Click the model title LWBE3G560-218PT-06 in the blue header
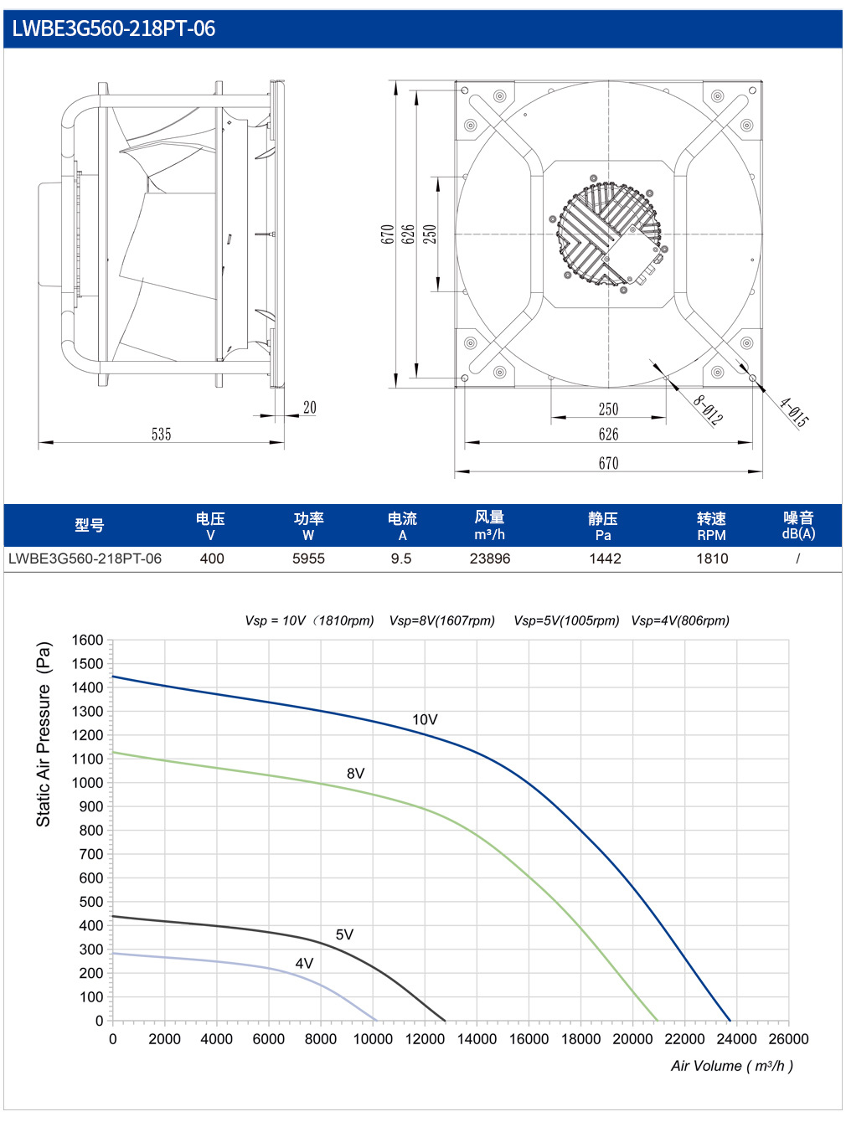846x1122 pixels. pyautogui.click(x=113, y=28)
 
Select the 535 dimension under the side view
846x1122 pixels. pyautogui.click(x=161, y=434)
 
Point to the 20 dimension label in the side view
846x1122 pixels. pyautogui.click(x=310, y=408)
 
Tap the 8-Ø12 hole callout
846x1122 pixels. pyautogui.click(x=709, y=409)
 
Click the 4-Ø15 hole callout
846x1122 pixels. pyautogui.click(x=794, y=412)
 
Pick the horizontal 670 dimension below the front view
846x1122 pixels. pyautogui.click(x=608, y=463)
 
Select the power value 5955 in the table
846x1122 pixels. pyautogui.click(x=308, y=558)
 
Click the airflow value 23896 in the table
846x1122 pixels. pyautogui.click(x=490, y=558)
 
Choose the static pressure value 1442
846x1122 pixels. pyautogui.click(x=605, y=558)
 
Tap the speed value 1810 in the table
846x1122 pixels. pyautogui.click(x=712, y=558)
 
